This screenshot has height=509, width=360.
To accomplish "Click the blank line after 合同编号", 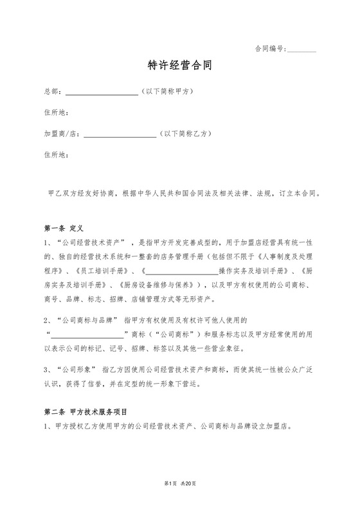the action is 301,49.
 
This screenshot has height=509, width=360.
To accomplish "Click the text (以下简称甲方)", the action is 167,91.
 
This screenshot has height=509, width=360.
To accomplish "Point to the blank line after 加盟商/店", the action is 120,135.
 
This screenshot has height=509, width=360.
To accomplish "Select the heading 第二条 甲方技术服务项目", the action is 85,411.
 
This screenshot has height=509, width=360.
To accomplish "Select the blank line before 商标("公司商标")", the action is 86,334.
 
